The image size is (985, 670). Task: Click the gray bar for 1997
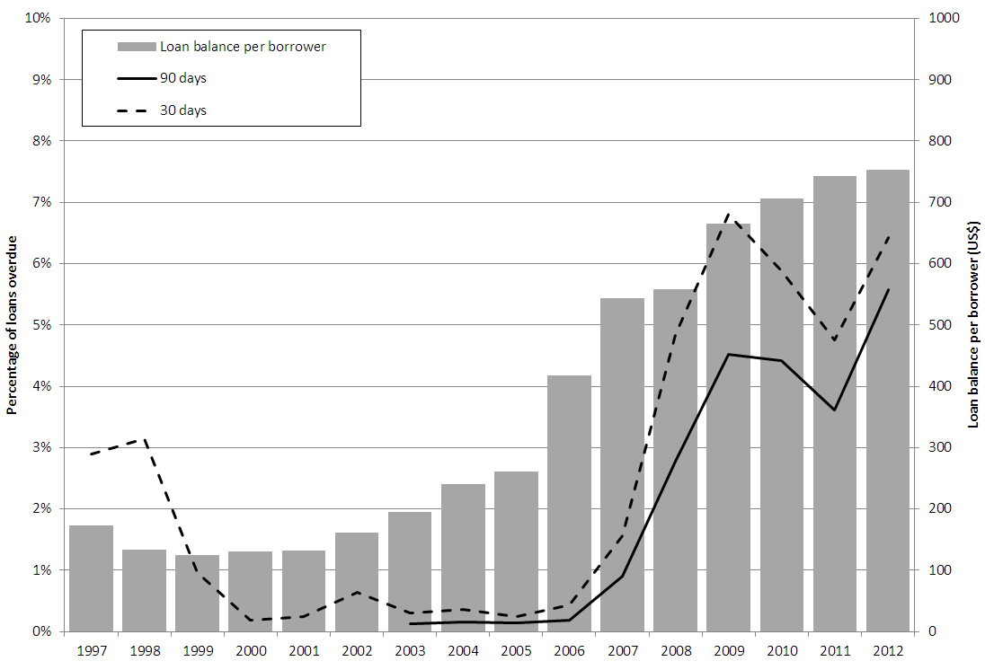pos(91,578)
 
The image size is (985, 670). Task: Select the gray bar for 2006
pos(570,503)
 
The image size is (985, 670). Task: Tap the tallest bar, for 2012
pos(888,401)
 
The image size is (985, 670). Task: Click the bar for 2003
pos(410,571)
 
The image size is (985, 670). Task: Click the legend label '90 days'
pos(183,78)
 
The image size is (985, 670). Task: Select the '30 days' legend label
pos(183,110)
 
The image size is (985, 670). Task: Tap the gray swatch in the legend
pos(136,47)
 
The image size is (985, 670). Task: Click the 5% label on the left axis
pos(41,324)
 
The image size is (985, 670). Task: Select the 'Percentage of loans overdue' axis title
pos(13,324)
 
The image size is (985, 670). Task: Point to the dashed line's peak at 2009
pos(729,215)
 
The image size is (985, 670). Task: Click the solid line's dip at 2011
pos(835,410)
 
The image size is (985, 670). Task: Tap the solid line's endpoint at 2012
pos(889,289)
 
